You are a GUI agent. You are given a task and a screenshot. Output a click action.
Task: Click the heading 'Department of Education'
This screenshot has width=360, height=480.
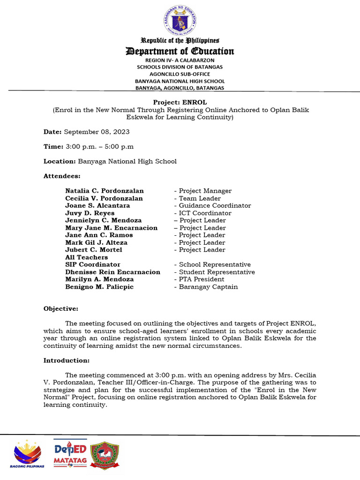tap(180, 51)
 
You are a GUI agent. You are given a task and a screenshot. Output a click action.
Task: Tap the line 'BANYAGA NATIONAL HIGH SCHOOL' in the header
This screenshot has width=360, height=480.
tap(180, 81)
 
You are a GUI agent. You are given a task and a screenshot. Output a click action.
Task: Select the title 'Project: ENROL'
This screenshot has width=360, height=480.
tap(180, 102)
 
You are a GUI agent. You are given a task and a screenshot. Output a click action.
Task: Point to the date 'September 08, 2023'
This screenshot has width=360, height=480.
tap(97, 132)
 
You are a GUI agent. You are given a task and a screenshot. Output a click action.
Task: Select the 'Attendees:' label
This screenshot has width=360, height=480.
tap(62, 176)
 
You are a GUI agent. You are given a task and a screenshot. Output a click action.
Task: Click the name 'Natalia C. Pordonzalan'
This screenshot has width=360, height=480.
tap(105, 191)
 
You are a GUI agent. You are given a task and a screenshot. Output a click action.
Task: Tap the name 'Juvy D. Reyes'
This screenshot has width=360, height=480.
tap(90, 213)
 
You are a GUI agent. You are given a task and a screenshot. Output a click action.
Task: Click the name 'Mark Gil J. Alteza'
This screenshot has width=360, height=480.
tap(96, 242)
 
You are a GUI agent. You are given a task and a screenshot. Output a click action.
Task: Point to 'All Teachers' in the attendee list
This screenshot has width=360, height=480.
tap(86, 257)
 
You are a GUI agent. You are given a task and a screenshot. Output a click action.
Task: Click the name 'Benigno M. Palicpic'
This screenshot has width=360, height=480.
tap(99, 287)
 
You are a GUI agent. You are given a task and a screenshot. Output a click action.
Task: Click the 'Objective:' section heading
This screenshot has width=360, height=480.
tap(61, 308)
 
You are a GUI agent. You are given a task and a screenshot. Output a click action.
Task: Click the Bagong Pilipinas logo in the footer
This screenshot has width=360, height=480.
tap(27, 454)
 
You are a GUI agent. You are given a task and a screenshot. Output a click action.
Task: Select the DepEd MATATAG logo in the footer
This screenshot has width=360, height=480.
tap(70, 454)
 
